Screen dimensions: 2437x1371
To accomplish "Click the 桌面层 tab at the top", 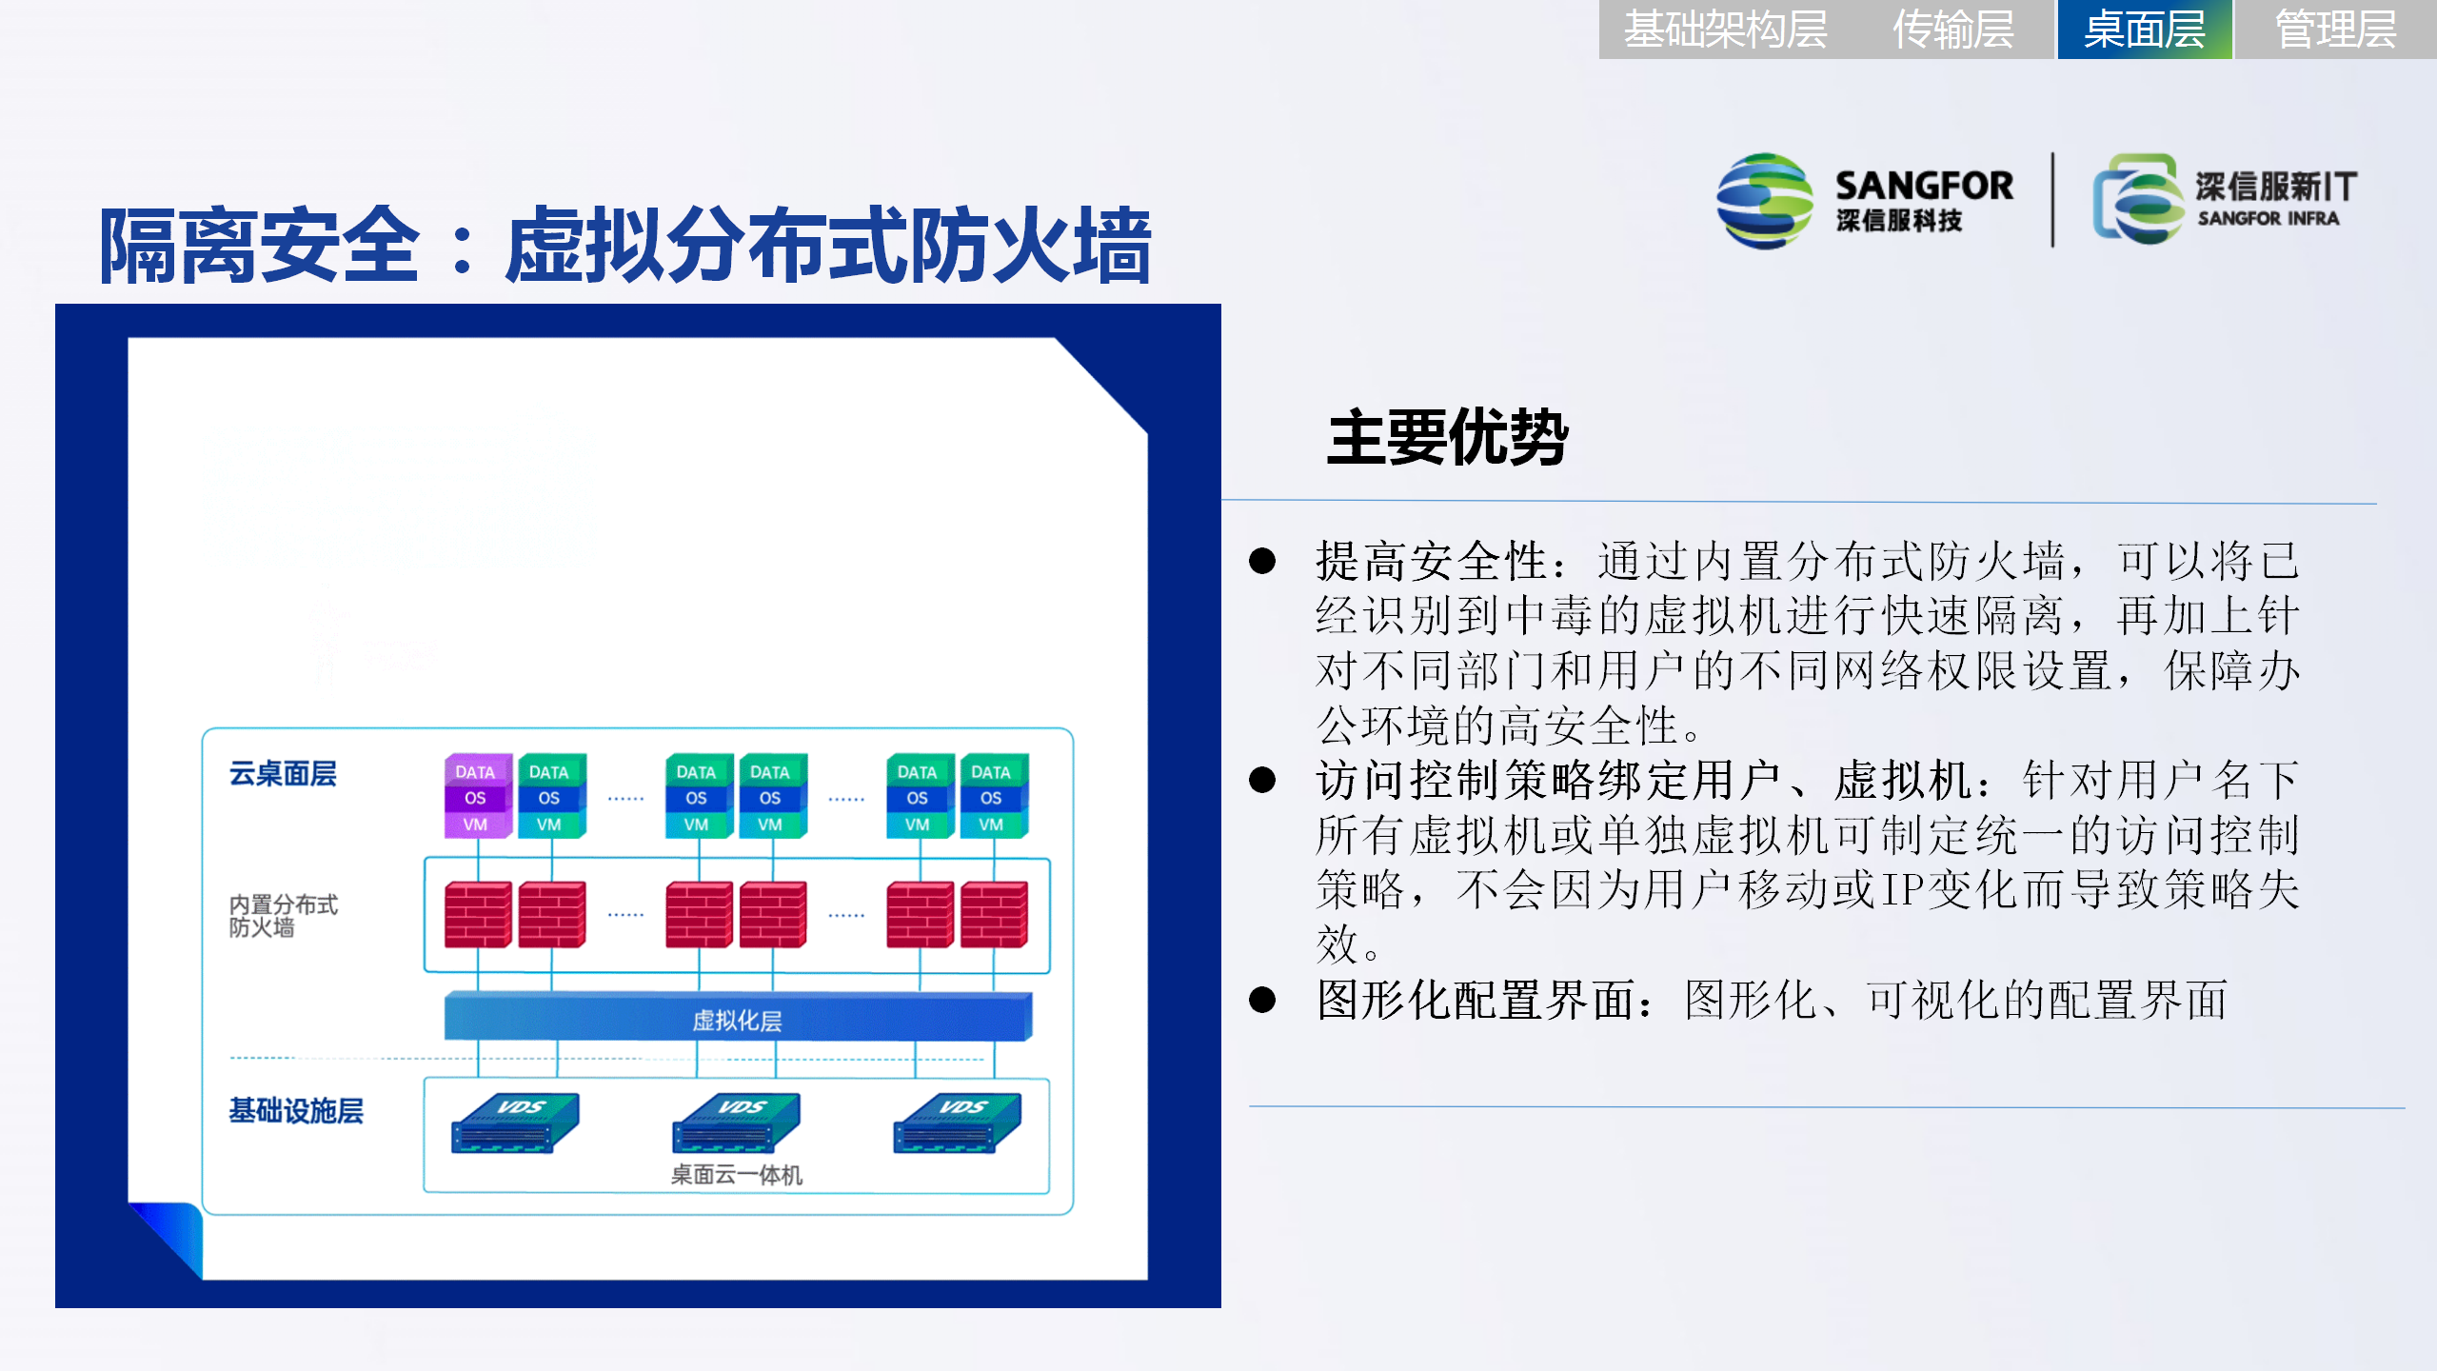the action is point(2144,30).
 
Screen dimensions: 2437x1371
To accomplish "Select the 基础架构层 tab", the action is point(1725,30).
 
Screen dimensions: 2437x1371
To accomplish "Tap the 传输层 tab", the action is point(1953,30).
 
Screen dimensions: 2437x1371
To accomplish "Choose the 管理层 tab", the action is point(2335,30).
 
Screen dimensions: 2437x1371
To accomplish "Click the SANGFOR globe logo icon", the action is point(1764,201).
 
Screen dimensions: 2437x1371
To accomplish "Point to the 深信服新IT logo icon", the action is point(2137,199).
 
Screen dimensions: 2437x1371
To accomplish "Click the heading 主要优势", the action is point(1447,438).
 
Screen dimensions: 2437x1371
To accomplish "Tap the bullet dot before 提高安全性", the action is point(1262,561).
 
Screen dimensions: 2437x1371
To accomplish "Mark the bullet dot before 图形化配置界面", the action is point(1262,1000).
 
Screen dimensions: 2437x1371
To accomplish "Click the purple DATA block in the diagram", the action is point(476,771).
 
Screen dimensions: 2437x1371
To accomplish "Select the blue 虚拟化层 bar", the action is point(738,1017).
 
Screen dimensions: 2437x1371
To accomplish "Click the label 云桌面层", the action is point(283,774).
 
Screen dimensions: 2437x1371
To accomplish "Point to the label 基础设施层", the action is point(296,1111).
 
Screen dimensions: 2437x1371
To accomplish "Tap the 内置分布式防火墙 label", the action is point(284,915).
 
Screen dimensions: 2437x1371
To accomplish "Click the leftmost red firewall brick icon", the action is point(478,914).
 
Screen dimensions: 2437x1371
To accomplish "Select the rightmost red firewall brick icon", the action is point(994,914).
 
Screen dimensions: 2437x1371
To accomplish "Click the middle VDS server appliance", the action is point(736,1123).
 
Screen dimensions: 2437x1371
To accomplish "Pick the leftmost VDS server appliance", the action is point(515,1123).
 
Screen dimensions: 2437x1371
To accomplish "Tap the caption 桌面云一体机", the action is point(737,1175).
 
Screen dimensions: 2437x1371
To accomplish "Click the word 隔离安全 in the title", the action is point(259,247).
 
